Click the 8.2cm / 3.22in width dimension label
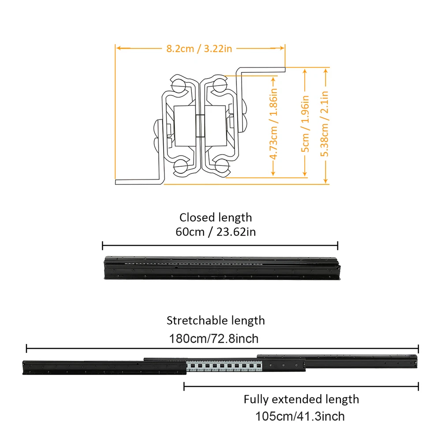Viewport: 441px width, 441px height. (x=199, y=49)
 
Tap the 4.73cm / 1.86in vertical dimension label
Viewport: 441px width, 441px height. (x=273, y=123)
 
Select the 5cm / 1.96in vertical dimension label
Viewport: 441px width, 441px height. (x=305, y=124)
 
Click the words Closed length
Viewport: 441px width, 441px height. (x=216, y=217)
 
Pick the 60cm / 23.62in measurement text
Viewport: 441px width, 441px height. (x=216, y=232)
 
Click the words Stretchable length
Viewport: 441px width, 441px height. (x=216, y=321)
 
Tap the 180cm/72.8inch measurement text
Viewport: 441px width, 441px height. (x=214, y=339)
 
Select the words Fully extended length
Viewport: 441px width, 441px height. (x=301, y=400)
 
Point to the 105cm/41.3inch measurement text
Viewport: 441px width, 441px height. (x=300, y=416)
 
